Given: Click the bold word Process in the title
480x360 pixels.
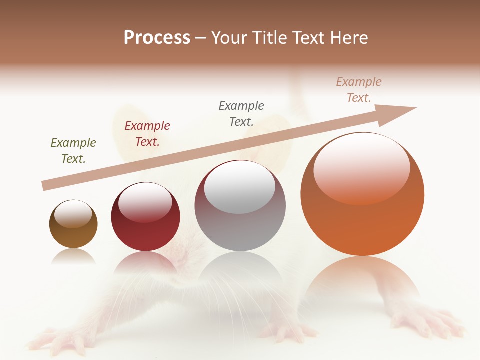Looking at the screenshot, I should point(157,38).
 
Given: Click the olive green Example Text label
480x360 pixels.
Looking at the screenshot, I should point(73,151).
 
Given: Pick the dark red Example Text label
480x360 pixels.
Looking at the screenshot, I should point(147,134).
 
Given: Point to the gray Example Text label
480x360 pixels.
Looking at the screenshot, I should point(241,113).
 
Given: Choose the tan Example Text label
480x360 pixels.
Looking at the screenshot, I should point(359,90).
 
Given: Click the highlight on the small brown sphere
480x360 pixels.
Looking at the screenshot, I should point(73,214).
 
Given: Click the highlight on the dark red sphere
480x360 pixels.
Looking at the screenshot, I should point(145,202).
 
